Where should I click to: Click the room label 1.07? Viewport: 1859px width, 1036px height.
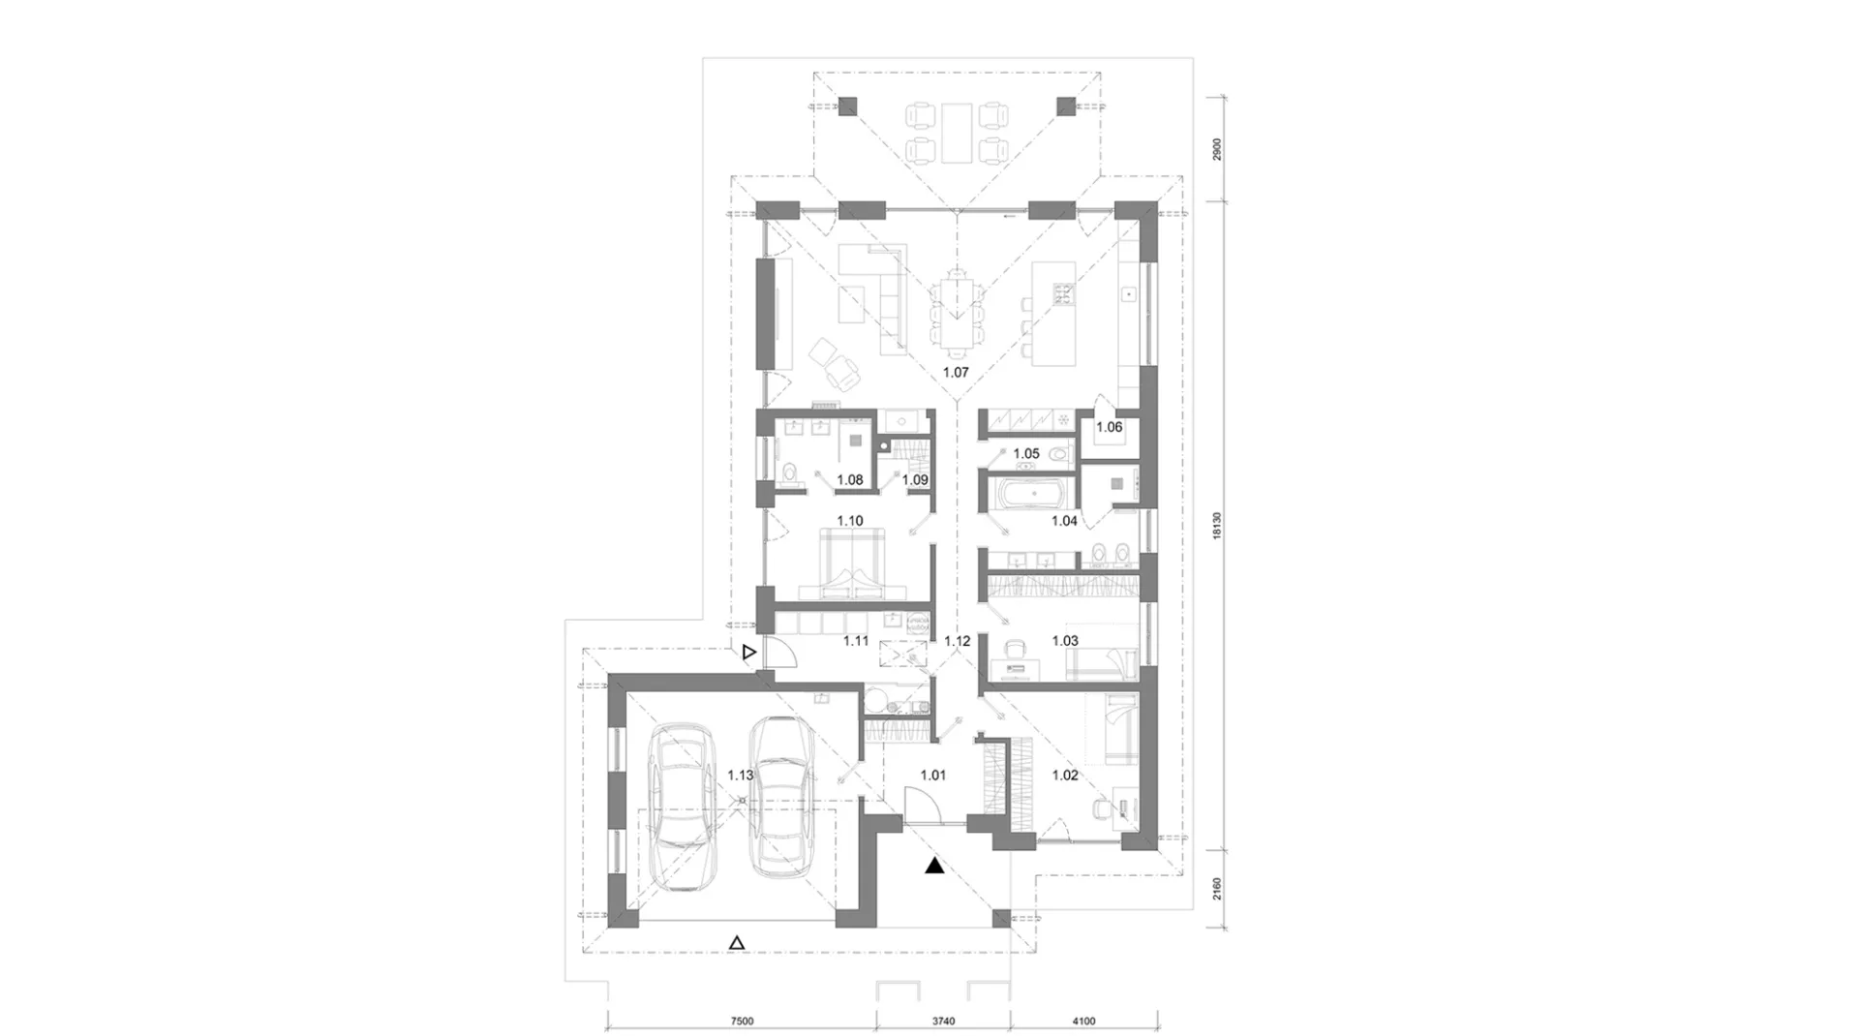click(956, 372)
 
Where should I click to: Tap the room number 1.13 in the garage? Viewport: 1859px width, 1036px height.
click(741, 775)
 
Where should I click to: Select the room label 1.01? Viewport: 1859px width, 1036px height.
click(932, 775)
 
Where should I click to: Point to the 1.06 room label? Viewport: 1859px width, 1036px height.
click(1110, 427)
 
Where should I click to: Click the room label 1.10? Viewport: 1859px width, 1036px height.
click(850, 521)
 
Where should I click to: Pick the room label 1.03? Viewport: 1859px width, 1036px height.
click(1065, 641)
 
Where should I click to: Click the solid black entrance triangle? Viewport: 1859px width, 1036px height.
click(934, 866)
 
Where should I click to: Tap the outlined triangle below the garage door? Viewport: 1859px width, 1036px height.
click(737, 942)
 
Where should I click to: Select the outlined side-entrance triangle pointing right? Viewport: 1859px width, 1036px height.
click(748, 654)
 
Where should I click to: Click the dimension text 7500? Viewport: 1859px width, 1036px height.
click(741, 1021)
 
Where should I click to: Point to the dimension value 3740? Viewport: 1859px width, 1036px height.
click(943, 1021)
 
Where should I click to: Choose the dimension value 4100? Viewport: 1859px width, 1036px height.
click(1083, 1021)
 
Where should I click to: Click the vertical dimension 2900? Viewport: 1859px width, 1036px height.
click(1218, 149)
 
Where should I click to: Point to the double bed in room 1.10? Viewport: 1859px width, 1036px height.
click(851, 565)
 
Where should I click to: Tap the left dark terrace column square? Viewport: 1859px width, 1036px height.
click(848, 107)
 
